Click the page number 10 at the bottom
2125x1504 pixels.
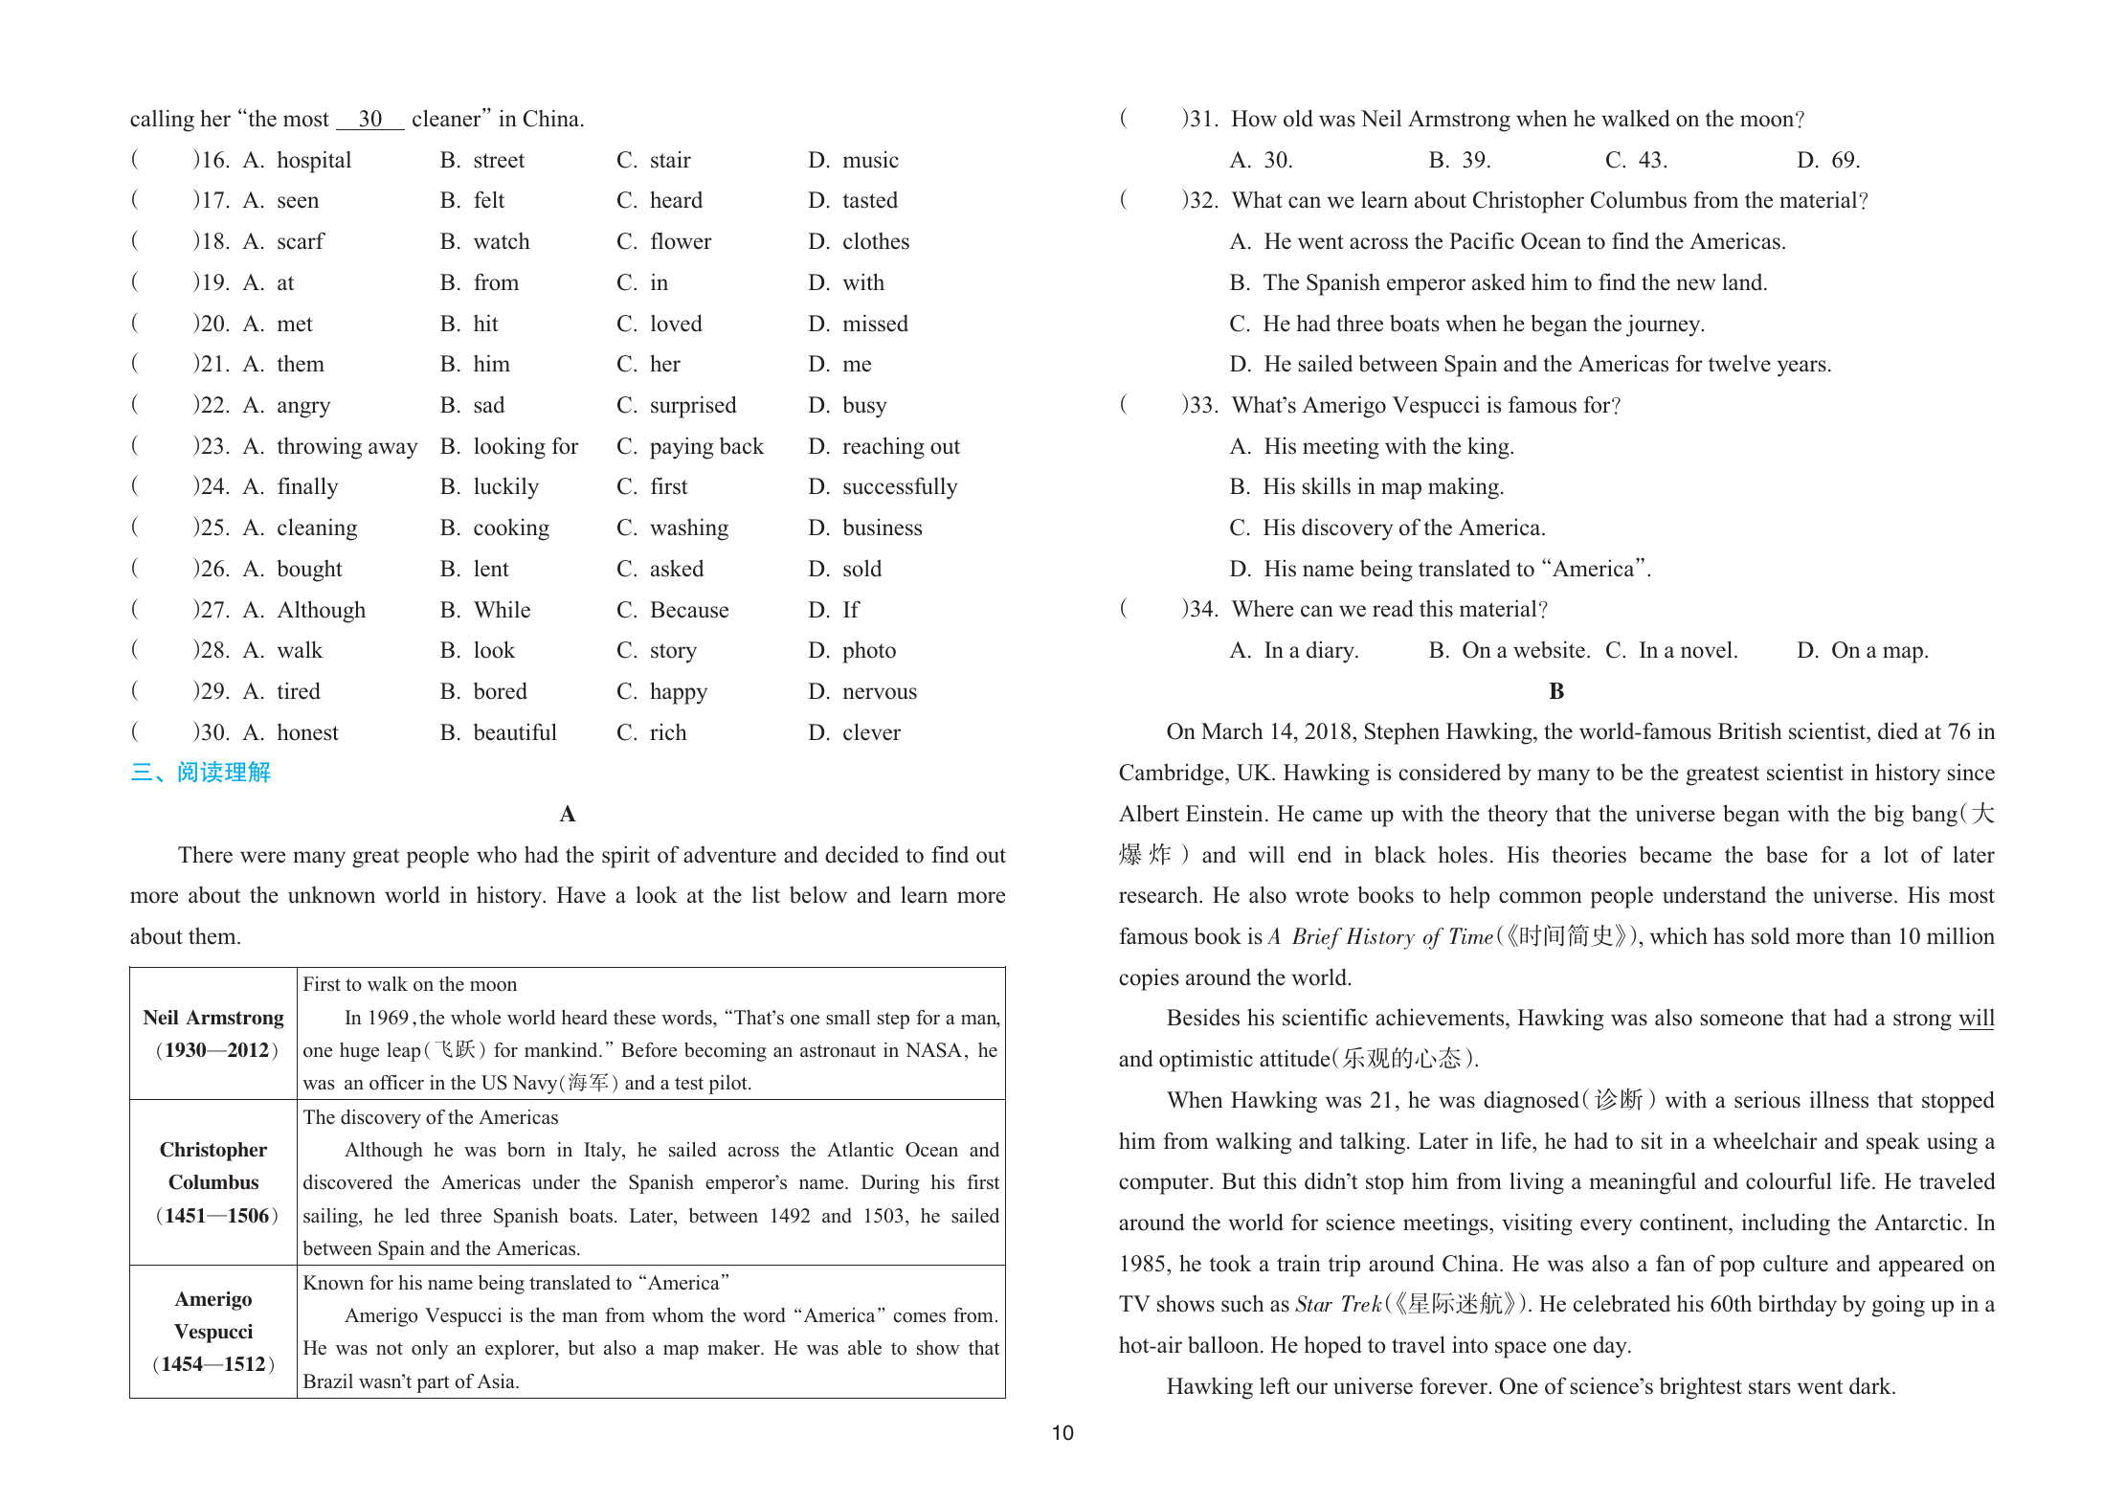[x=1062, y=1433]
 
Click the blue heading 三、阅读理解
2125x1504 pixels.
[x=201, y=773]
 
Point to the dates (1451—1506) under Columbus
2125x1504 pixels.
[x=216, y=1216]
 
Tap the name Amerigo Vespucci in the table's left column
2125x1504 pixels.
[x=213, y=1315]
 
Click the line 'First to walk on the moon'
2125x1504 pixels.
[x=410, y=984]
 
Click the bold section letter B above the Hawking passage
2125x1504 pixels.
[x=1556, y=691]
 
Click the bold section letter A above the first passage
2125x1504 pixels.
[x=568, y=814]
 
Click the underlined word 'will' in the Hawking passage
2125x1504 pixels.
[x=1976, y=1018]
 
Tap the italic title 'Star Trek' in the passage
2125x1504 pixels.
[x=1338, y=1304]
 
